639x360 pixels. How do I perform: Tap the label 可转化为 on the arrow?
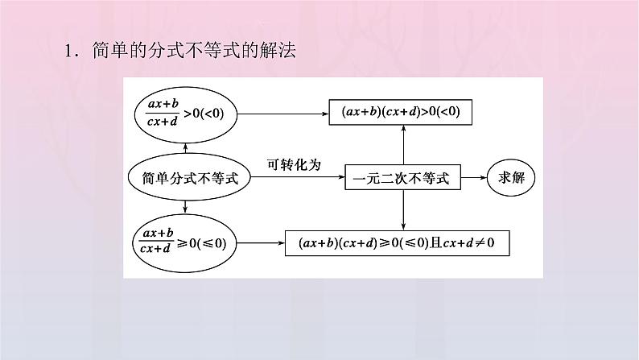pyautogui.click(x=294, y=164)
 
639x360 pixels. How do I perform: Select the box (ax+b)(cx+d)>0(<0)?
pyautogui.click(x=400, y=113)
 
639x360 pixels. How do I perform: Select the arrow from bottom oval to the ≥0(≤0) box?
pyautogui.click(x=262, y=242)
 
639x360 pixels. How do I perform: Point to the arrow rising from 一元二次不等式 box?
pyautogui.click(x=402, y=145)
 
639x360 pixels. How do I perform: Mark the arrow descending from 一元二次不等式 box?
pyautogui.click(x=402, y=210)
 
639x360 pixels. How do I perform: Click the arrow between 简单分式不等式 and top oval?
pyautogui.click(x=186, y=147)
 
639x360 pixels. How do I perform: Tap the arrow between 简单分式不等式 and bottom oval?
pyautogui.click(x=186, y=208)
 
